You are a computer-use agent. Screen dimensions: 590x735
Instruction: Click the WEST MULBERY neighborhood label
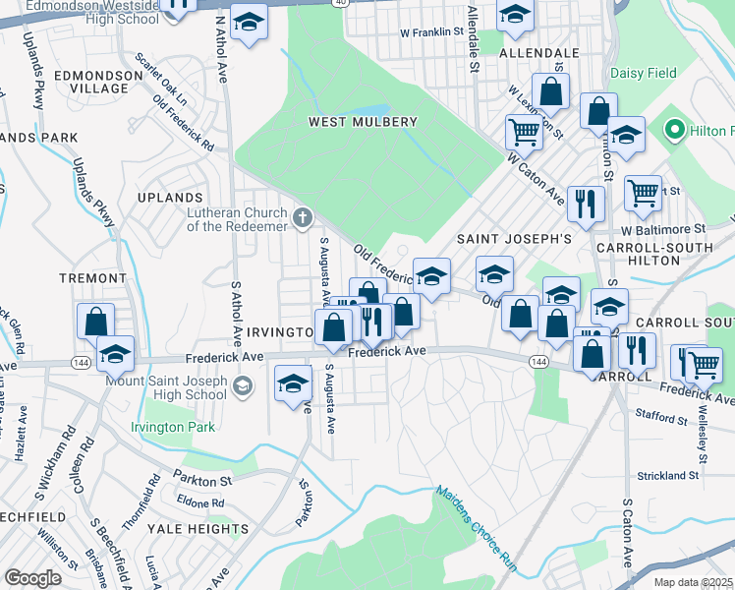(363, 122)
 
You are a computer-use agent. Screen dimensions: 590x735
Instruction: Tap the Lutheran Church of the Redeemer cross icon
(303, 216)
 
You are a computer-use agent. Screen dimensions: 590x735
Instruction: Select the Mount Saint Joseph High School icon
(242, 387)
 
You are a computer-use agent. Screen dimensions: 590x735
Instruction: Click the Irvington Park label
(172, 427)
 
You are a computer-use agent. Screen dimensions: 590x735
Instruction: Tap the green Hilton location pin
(674, 131)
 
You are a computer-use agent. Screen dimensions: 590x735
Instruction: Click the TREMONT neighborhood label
(92, 278)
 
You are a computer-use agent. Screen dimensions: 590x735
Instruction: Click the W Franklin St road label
(431, 32)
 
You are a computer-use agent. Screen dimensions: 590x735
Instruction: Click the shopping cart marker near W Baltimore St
(643, 193)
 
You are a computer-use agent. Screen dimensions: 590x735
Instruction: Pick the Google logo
(33, 578)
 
